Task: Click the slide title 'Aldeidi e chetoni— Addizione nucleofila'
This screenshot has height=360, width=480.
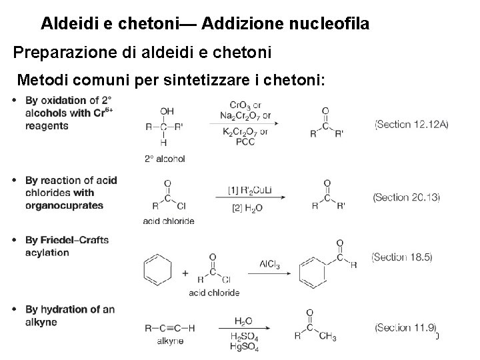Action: point(205,24)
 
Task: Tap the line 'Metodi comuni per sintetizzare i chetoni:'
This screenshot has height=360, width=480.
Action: point(172,81)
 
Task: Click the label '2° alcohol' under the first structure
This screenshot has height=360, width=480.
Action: point(165,159)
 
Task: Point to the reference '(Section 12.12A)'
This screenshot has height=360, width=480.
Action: point(411,124)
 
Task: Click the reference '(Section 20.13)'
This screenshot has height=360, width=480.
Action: point(407,197)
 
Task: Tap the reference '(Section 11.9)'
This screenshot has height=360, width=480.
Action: point(406,327)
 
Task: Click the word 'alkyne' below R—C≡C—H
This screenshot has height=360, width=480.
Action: point(169,341)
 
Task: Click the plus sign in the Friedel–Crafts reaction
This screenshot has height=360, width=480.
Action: point(184,272)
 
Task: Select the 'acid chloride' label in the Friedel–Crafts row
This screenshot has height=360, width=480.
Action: point(214,293)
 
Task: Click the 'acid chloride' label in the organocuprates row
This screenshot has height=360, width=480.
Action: point(169,221)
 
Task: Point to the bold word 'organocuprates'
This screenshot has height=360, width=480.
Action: point(65,205)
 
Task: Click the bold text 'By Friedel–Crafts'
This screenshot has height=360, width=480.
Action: point(67,240)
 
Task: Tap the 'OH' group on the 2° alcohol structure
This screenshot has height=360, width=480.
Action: point(167,111)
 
